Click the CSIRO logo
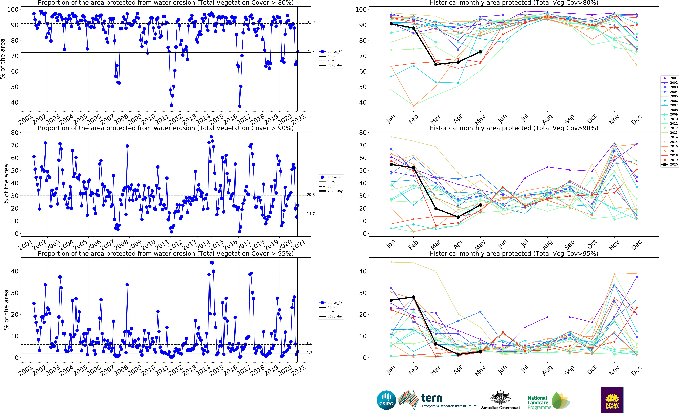pyautogui.click(x=386, y=400)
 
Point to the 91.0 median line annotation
pyautogui.click(x=310, y=22)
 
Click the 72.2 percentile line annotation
pyautogui.click(x=310, y=51)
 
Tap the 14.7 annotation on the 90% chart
pyautogui.click(x=310, y=214)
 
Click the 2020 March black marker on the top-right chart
pyautogui.click(x=436, y=64)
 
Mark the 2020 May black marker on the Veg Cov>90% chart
pyautogui.click(x=480, y=205)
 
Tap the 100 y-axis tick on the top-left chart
pyautogui.click(x=13, y=9)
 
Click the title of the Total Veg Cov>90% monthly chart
pyautogui.click(x=514, y=128)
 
